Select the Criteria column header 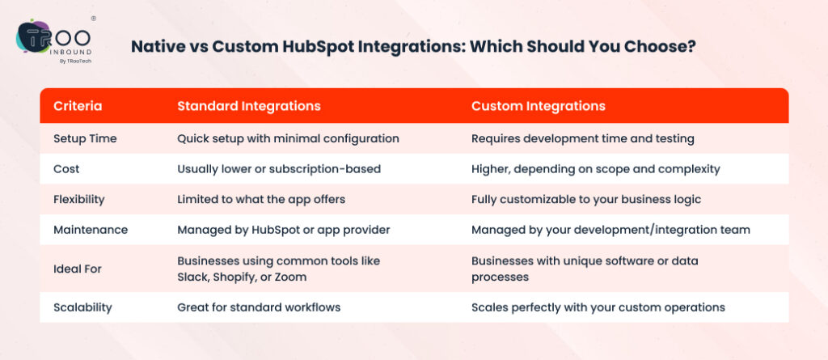click(x=78, y=106)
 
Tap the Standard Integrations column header click(x=249, y=106)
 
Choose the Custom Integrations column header click(x=539, y=106)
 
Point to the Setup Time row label click(x=85, y=138)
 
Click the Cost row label click(x=66, y=169)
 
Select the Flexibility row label click(x=80, y=199)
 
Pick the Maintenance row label click(x=91, y=230)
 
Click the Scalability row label click(x=82, y=307)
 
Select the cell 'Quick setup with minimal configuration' click(x=288, y=138)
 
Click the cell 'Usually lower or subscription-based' click(x=278, y=169)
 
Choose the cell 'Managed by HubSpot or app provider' click(x=284, y=230)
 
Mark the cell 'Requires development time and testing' click(x=582, y=138)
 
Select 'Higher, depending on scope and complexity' click(x=594, y=169)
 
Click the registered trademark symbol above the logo click(x=94, y=18)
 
